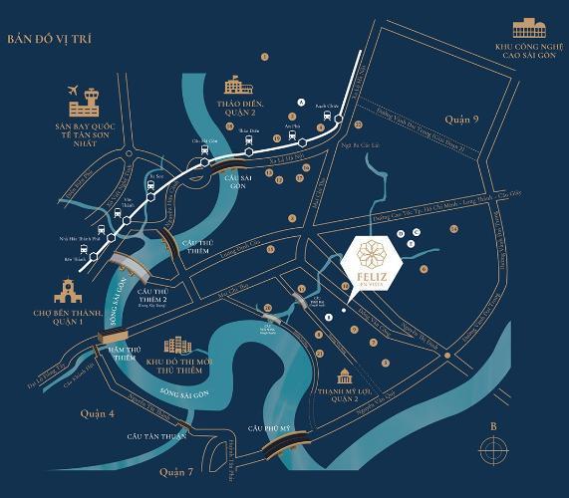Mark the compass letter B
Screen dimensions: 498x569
(x=492, y=426)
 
